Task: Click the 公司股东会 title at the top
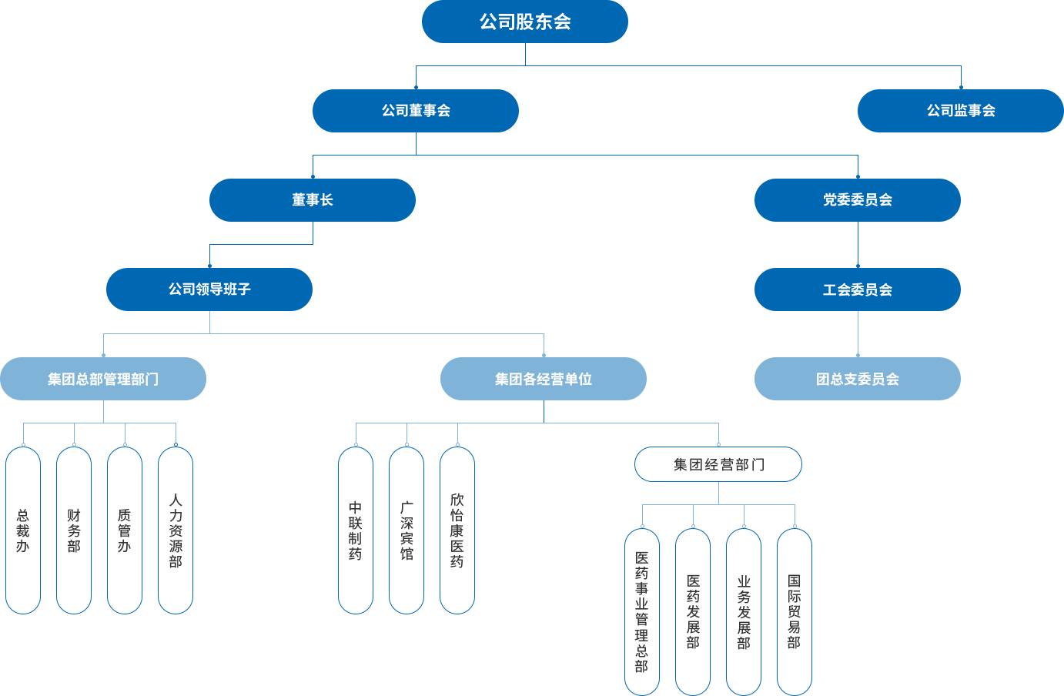point(525,22)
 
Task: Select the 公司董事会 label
point(416,111)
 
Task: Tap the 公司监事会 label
point(961,111)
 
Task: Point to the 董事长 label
point(313,200)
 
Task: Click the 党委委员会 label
point(858,200)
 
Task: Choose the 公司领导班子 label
point(209,289)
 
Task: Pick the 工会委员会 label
point(858,290)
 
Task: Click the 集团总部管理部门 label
point(103,380)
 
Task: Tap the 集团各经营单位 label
point(544,380)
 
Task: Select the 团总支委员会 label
point(858,380)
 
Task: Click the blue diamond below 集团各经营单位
point(544,412)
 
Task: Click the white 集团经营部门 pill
point(718,464)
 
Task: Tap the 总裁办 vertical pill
point(23,530)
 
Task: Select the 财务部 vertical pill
point(74,530)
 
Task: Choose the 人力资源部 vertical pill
point(176,530)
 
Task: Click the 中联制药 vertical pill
point(356,530)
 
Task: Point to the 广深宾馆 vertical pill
point(407,530)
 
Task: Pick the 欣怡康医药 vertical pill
point(457,530)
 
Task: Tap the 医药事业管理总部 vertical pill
point(642,612)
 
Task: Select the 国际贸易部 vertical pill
point(795,612)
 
